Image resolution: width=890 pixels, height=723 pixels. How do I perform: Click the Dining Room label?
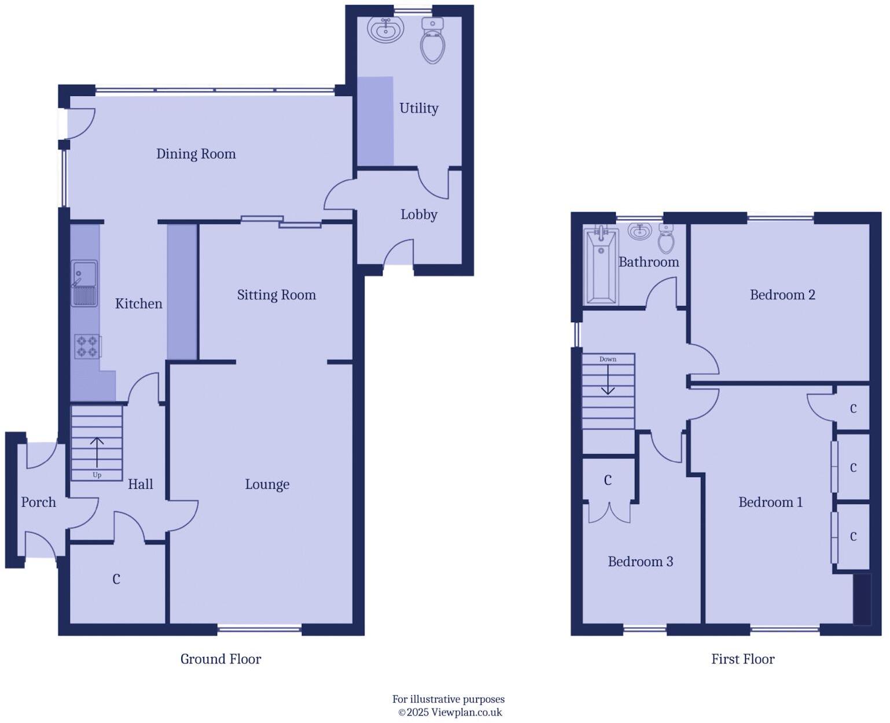[x=196, y=154]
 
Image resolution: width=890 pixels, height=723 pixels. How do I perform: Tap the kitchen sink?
[x=84, y=283]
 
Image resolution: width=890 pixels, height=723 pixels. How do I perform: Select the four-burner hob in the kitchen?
[x=87, y=346]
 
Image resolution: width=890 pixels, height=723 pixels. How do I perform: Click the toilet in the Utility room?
[x=433, y=40]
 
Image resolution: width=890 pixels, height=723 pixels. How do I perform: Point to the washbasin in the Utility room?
[x=385, y=29]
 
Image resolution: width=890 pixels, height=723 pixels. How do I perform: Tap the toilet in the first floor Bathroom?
[x=667, y=238]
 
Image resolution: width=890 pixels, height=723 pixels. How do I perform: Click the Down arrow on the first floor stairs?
[x=608, y=382]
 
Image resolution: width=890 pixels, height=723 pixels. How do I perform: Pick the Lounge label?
[x=267, y=485]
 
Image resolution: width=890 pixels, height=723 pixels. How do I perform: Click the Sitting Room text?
[x=276, y=295]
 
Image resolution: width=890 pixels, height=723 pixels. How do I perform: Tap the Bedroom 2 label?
[x=782, y=295]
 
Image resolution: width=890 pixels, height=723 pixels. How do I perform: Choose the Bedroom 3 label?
[x=640, y=562]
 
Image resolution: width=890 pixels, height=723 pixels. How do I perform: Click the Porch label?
[x=38, y=502]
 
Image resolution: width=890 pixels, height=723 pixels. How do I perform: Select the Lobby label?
[x=418, y=215]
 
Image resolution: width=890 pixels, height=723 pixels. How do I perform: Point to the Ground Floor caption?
[x=220, y=659]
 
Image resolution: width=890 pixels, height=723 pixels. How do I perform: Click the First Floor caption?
[x=742, y=659]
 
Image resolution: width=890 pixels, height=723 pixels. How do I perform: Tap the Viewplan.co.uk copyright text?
[x=450, y=713]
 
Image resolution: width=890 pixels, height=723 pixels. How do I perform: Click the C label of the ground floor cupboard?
[x=116, y=580]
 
